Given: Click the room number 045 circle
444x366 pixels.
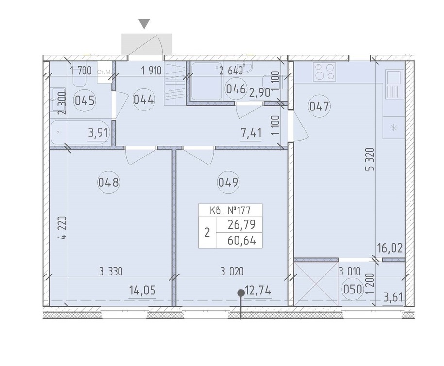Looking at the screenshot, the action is click(x=85, y=101).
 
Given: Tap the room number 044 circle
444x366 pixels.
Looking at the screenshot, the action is click(x=144, y=100).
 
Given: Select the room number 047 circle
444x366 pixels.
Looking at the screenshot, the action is click(x=319, y=107).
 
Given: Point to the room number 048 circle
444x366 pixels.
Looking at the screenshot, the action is click(x=108, y=182).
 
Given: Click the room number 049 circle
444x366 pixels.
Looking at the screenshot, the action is click(x=228, y=182).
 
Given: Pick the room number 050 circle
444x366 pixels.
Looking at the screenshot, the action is click(x=353, y=290).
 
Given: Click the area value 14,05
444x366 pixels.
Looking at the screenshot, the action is click(x=142, y=291).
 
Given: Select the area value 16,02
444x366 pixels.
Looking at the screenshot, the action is click(x=390, y=249).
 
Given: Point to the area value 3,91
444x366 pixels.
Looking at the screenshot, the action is click(x=99, y=133).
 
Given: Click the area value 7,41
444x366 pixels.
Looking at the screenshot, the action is click(x=251, y=133).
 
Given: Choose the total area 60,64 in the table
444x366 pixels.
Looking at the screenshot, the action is click(x=241, y=241).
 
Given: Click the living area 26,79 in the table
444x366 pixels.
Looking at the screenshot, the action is click(x=241, y=225).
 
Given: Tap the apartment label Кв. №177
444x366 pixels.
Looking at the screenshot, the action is click(x=230, y=211).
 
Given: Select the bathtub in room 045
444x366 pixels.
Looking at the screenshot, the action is click(x=80, y=132).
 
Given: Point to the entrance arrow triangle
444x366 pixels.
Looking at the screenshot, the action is click(x=145, y=24).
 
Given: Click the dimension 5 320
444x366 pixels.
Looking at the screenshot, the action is click(x=370, y=159).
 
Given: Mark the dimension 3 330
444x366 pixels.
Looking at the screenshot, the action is click(x=111, y=272).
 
